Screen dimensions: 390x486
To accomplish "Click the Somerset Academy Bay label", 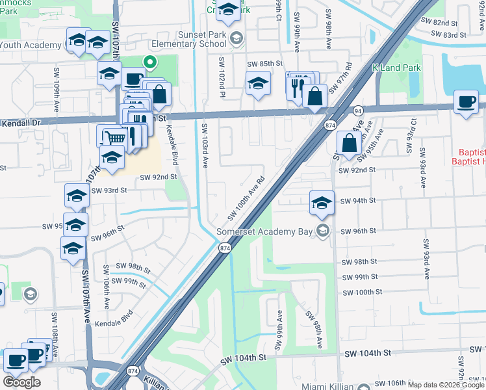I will coord(266,231).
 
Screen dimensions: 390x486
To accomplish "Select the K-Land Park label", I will coord(396,68).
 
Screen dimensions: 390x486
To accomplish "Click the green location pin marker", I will coord(150,63).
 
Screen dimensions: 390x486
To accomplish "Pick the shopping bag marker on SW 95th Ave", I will coord(350,144).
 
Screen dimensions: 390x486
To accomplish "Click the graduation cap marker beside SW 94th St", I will coord(322,203).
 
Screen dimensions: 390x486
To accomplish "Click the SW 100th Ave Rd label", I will coord(247,199).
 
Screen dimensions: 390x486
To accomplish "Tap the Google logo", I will coord(22,382).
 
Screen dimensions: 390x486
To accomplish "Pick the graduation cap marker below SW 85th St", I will coord(258,84).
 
